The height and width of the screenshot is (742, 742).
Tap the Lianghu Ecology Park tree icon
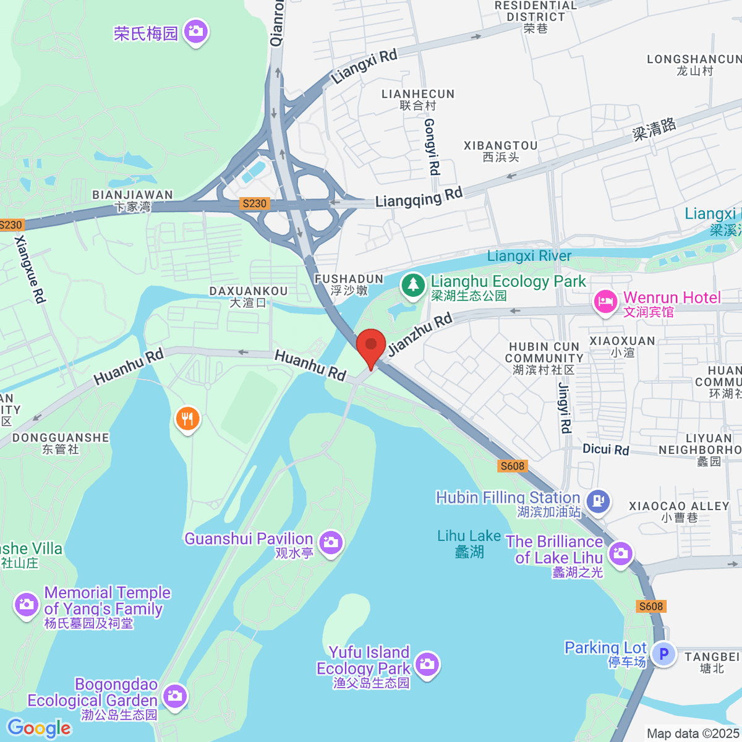pyautogui.click(x=413, y=286)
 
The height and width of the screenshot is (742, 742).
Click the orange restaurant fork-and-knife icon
pyautogui.click(x=187, y=419)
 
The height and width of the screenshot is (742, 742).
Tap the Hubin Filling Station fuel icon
pyautogui.click(x=598, y=501)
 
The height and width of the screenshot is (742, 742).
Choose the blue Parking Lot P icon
pyautogui.click(x=663, y=654)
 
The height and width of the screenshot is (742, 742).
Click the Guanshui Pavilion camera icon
pyautogui.click(x=331, y=543)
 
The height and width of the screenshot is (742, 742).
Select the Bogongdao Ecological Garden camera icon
pyautogui.click(x=175, y=696)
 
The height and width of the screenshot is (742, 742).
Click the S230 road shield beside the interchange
pyautogui.click(x=254, y=203)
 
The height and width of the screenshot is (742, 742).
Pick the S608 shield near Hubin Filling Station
pyautogui.click(x=513, y=466)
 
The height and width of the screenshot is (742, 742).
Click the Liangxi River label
pyautogui.click(x=529, y=255)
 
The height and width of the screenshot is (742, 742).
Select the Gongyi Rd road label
pyautogui.click(x=432, y=147)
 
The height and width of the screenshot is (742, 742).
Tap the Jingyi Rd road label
pyautogui.click(x=565, y=408)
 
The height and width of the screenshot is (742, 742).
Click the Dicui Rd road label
pyautogui.click(x=605, y=450)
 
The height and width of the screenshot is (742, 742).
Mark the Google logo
pyautogui.click(x=40, y=728)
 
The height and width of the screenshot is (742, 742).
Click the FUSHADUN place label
pyautogui.click(x=349, y=279)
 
